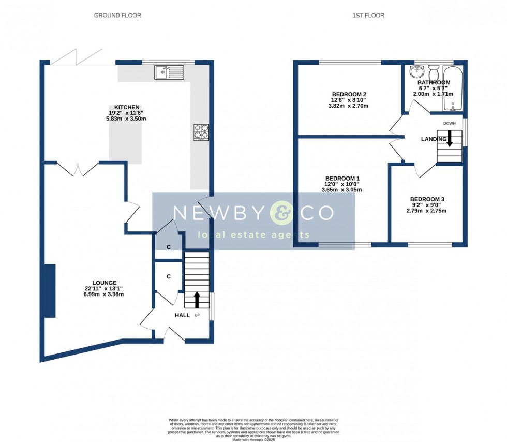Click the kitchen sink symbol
click(x=169, y=72)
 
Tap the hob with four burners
click(x=201, y=132)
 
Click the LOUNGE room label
click(x=104, y=283)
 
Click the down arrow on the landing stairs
click(x=449, y=138)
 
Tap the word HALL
click(x=182, y=315)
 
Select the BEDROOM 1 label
click(x=341, y=178)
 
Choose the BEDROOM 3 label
click(x=427, y=199)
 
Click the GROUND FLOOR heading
click(x=117, y=16)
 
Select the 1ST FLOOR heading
click(x=368, y=16)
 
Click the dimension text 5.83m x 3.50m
click(x=126, y=119)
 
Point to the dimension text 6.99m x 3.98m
click(x=104, y=294)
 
